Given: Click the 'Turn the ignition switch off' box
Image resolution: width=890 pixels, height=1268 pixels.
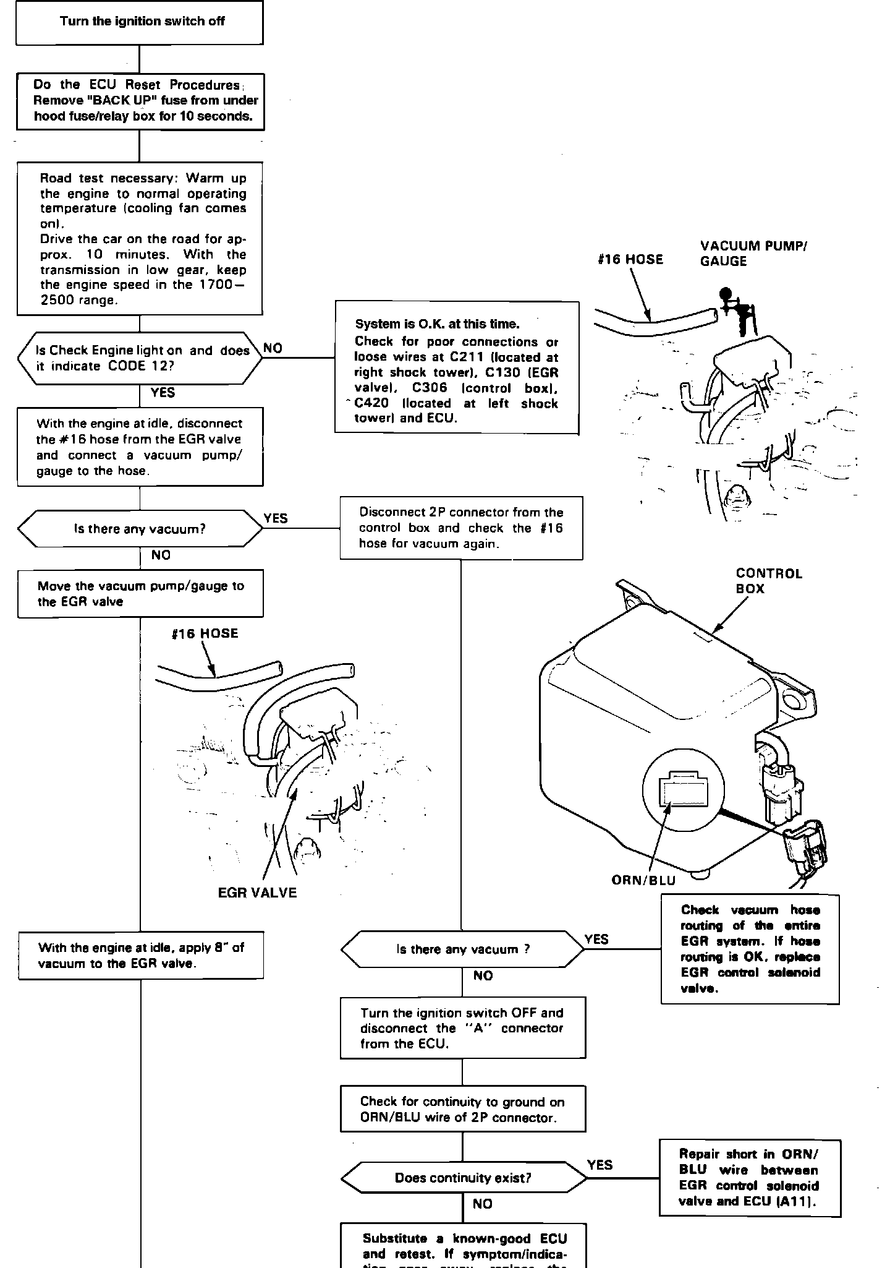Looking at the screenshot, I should pyautogui.click(x=140, y=22).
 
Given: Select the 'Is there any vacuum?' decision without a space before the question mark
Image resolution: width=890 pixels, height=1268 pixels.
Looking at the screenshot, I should pyautogui.click(x=140, y=529).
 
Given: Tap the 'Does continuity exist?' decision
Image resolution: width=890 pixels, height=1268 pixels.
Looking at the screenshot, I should pyautogui.click(x=462, y=1178).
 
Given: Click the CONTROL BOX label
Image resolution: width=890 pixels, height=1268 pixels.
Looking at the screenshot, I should pyautogui.click(x=769, y=581).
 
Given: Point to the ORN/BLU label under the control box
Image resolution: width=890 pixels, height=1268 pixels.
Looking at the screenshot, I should pyautogui.click(x=643, y=880).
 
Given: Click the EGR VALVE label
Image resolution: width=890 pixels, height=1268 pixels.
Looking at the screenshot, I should pyautogui.click(x=257, y=893).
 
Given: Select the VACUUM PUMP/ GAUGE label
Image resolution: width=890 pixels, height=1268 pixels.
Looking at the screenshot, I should pyautogui.click(x=753, y=253).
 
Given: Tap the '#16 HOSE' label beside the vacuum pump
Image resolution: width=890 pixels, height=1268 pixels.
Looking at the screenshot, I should pyautogui.click(x=630, y=259).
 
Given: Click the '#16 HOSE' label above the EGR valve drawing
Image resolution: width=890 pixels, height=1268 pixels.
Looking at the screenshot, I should pyautogui.click(x=205, y=633).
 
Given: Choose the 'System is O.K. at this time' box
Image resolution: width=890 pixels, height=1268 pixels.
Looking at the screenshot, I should pyautogui.click(x=457, y=368).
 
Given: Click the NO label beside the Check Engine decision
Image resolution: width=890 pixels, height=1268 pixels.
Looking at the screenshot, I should pyautogui.click(x=273, y=348).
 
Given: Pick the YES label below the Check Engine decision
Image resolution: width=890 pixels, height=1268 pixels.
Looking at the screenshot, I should pyautogui.click(x=163, y=393).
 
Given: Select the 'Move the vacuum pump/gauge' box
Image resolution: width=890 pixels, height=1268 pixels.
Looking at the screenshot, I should pyautogui.click(x=140, y=594).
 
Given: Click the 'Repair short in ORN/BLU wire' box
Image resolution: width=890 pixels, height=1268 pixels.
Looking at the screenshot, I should pyautogui.click(x=750, y=1178).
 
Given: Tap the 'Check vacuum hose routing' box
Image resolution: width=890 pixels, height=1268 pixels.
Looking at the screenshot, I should pyautogui.click(x=750, y=949).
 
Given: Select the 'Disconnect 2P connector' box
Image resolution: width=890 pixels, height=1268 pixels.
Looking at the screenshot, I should pyautogui.click(x=461, y=528).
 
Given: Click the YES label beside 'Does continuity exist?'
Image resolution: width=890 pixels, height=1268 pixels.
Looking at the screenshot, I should pyautogui.click(x=600, y=1165).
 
